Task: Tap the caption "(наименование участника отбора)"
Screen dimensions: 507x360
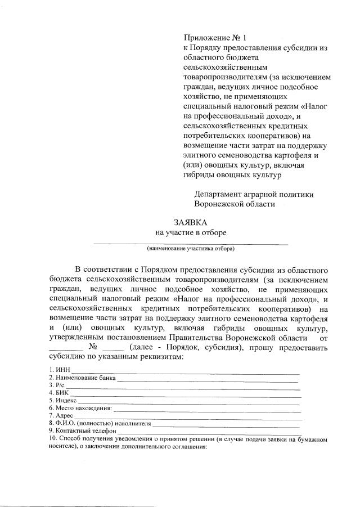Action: [190, 248]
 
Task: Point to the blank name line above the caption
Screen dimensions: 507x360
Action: [190, 243]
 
